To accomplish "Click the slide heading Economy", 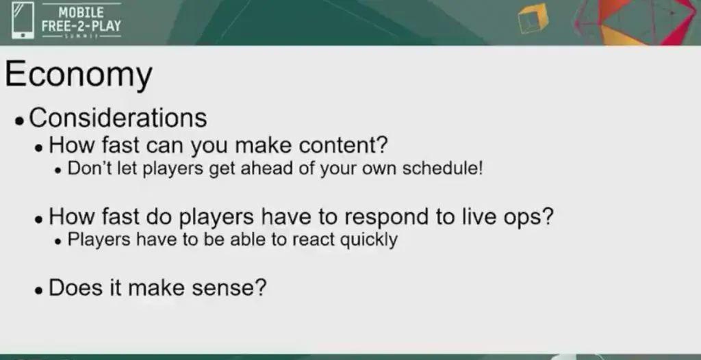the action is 78,75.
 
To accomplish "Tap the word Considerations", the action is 118,118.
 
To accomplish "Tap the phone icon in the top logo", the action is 23,21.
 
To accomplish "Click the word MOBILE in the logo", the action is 81,12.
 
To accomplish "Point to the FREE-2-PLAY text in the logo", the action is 81,26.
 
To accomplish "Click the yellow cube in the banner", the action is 533,18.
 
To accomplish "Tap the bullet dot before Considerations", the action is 19,120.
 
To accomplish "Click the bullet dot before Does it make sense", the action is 39,290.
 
